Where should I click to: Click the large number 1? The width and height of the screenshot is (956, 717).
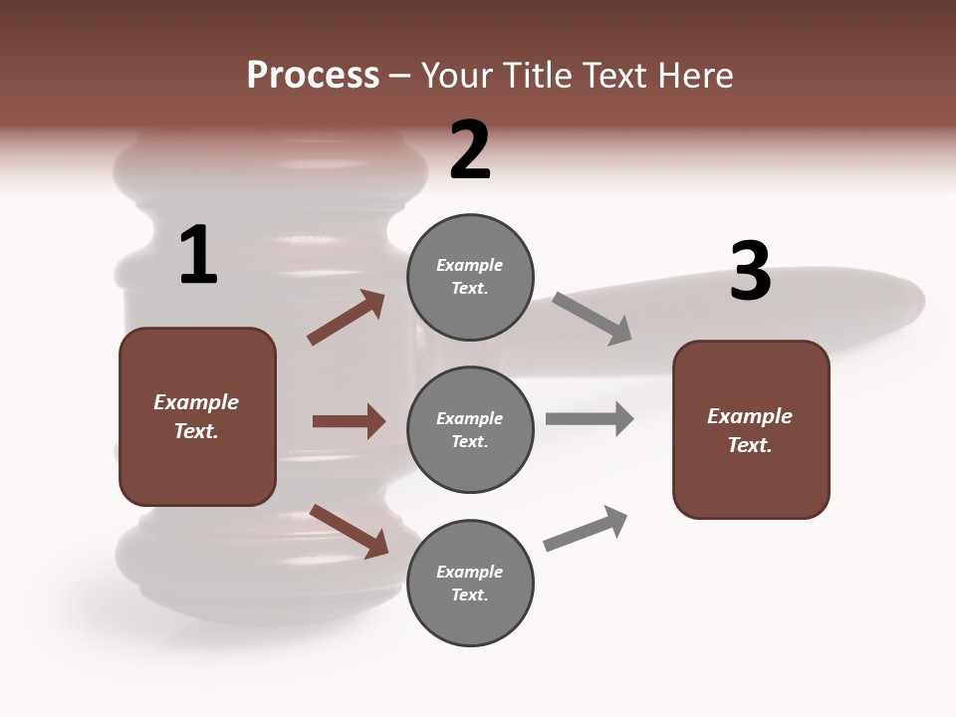pyautogui.click(x=198, y=256)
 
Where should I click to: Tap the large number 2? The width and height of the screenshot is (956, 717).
pyautogui.click(x=470, y=150)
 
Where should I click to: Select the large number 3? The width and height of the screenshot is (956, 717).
pyautogui.click(x=750, y=271)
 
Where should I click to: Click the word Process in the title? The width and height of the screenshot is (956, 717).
pyautogui.click(x=313, y=75)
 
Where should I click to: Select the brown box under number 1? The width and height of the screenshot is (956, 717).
pyautogui.click(x=197, y=416)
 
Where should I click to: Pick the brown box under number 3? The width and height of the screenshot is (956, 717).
pyautogui.click(x=751, y=429)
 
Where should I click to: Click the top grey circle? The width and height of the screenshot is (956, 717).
pyautogui.click(x=470, y=277)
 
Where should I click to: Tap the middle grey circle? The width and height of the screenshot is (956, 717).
pyautogui.click(x=470, y=429)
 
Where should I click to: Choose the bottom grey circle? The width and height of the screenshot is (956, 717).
pyautogui.click(x=470, y=583)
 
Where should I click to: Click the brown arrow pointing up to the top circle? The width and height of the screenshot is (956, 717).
pyautogui.click(x=347, y=318)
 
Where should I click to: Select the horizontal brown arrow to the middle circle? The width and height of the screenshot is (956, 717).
pyautogui.click(x=349, y=421)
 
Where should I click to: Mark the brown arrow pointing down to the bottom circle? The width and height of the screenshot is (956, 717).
pyautogui.click(x=349, y=530)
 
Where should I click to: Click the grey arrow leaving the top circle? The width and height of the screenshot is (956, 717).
pyautogui.click(x=593, y=318)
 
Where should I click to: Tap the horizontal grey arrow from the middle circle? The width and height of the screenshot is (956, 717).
pyautogui.click(x=590, y=419)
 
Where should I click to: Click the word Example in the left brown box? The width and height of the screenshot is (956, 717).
pyautogui.click(x=196, y=402)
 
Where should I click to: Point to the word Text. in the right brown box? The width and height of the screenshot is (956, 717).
pyautogui.click(x=750, y=445)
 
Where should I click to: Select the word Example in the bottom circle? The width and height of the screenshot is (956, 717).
pyautogui.click(x=470, y=572)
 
